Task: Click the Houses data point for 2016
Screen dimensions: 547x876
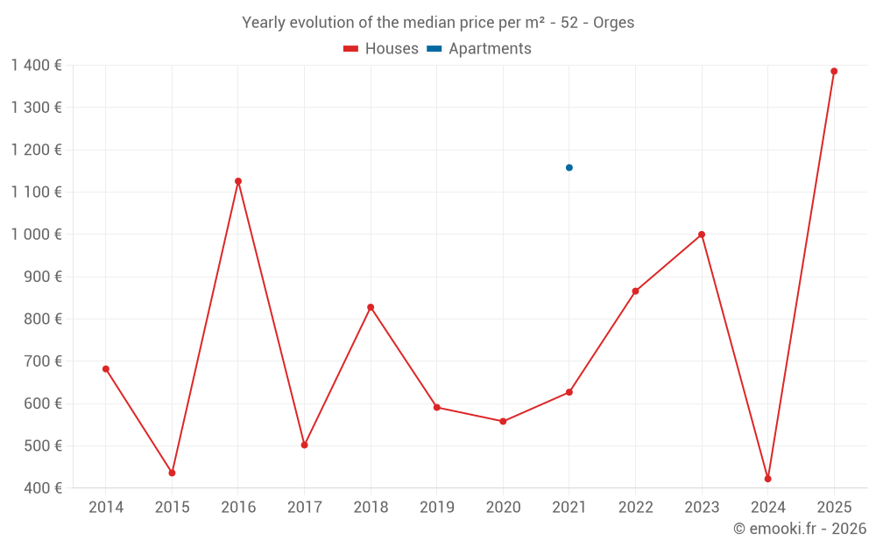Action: [x=238, y=181]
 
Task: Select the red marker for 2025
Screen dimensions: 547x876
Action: [x=834, y=72]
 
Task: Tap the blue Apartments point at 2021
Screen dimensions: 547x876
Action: [x=569, y=167]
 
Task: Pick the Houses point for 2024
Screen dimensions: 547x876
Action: [x=767, y=479]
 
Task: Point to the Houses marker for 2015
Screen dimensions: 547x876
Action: [x=172, y=473]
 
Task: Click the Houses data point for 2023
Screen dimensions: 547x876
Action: [x=702, y=235]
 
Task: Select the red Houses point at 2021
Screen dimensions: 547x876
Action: [x=569, y=392]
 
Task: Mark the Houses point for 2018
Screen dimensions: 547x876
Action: [x=371, y=307]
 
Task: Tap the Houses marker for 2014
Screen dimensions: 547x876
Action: [x=106, y=369]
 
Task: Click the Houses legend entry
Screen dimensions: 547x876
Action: [x=381, y=49]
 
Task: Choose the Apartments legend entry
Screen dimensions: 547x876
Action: [x=479, y=49]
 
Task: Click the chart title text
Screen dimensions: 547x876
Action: [x=438, y=23]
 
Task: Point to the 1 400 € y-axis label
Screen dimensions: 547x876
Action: [x=37, y=65]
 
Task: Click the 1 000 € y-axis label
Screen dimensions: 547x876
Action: [x=37, y=235]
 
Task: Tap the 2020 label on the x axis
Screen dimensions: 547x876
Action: [x=503, y=508]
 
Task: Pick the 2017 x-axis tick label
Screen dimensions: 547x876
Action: [x=304, y=508]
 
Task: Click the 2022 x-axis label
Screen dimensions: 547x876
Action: [x=635, y=508]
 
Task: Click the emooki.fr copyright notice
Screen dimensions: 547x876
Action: [x=799, y=529]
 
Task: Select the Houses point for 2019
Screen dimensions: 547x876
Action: [x=436, y=407]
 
